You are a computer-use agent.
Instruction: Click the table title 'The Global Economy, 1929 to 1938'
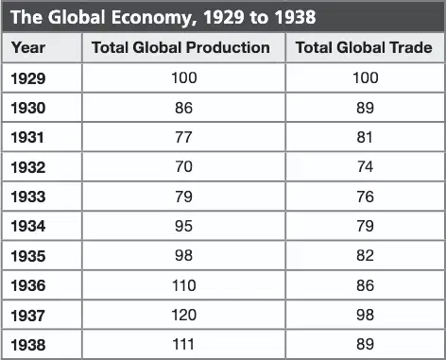(x=163, y=17)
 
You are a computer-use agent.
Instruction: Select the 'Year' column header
(x=28, y=48)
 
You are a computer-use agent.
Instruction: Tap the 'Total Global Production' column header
(x=180, y=47)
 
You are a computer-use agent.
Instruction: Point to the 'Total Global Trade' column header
(x=364, y=47)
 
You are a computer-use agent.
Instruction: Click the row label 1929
(x=28, y=78)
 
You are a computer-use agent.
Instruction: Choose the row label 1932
(x=28, y=167)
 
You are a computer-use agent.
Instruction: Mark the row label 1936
(x=28, y=285)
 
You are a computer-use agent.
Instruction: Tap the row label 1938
(x=28, y=345)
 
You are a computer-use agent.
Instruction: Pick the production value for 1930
(x=183, y=108)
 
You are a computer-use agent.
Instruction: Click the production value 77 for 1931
(x=183, y=137)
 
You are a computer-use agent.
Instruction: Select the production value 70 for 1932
(x=183, y=166)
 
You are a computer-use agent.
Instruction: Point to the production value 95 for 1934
(x=183, y=226)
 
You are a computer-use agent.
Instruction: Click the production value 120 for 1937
(x=184, y=315)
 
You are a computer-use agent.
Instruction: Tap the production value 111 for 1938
(x=183, y=344)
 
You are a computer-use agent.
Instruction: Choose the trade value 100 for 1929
(x=366, y=77)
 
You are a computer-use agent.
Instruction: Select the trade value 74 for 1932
(x=365, y=166)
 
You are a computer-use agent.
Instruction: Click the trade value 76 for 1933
(x=366, y=197)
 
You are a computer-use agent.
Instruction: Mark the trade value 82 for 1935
(x=366, y=255)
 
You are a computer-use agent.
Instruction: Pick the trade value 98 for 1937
(x=366, y=315)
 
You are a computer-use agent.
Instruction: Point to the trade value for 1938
(x=366, y=344)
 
